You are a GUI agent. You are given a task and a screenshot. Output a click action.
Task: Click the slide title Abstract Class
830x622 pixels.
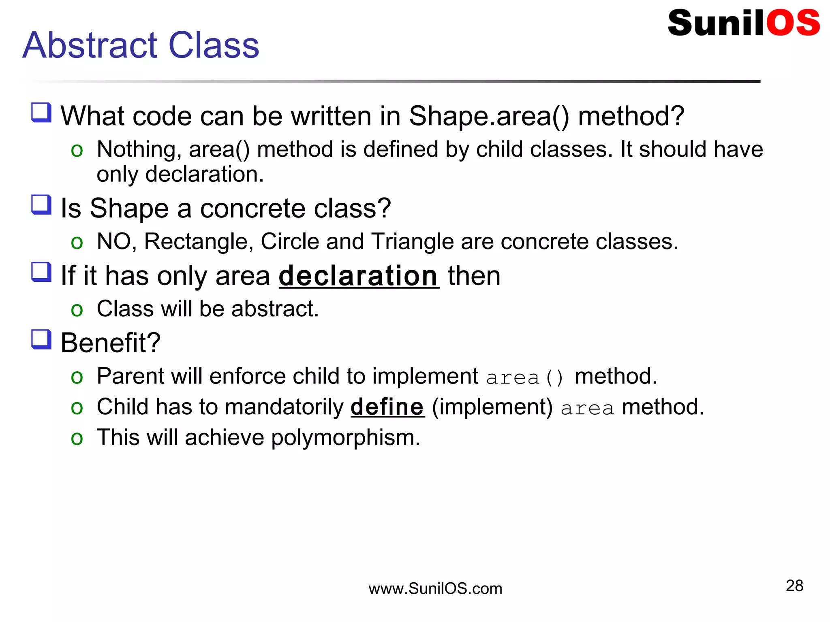point(141,45)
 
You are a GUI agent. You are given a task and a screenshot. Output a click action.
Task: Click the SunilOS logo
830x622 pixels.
point(743,23)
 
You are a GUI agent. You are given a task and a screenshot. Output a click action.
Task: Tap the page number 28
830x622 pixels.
point(794,586)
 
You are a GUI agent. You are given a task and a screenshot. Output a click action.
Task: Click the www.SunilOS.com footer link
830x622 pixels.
point(435,588)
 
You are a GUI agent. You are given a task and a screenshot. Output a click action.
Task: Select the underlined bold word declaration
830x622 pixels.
point(359,276)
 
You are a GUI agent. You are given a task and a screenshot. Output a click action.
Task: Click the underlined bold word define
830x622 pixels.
point(387,407)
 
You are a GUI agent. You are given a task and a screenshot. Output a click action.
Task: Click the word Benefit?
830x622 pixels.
point(110,343)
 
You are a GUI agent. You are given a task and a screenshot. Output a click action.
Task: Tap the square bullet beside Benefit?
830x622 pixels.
point(41,339)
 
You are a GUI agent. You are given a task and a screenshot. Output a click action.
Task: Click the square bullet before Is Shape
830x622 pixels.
point(41,204)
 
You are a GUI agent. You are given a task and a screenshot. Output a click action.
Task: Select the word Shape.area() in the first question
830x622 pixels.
point(489,117)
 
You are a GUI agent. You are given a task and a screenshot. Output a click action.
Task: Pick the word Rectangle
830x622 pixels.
point(199,242)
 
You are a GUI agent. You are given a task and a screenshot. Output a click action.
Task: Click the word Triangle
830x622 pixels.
point(412,242)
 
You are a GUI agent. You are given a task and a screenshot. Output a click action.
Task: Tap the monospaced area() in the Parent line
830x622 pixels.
point(524,377)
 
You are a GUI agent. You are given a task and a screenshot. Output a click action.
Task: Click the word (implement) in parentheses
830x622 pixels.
point(492,407)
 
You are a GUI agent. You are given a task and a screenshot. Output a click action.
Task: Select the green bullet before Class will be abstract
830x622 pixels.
point(77,310)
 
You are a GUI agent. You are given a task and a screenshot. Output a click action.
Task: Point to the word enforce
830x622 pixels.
point(247,377)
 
